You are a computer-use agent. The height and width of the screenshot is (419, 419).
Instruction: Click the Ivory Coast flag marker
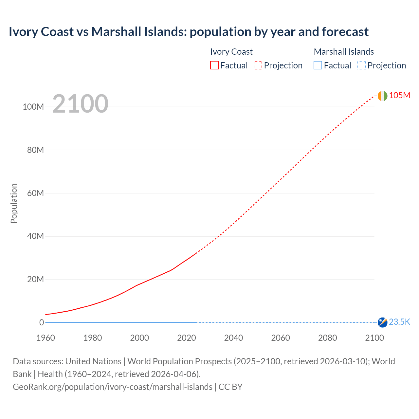[x=382, y=96]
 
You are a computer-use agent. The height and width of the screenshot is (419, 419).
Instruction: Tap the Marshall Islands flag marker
[x=382, y=322]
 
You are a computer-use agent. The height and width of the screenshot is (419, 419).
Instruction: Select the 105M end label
[x=399, y=95]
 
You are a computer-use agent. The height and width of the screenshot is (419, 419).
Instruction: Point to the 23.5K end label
[x=399, y=322]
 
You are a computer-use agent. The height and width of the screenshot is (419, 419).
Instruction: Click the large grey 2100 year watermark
[x=80, y=104]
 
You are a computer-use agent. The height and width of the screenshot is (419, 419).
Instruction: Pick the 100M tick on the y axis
[x=33, y=107]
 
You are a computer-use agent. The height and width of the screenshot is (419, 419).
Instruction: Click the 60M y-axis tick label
[x=35, y=193]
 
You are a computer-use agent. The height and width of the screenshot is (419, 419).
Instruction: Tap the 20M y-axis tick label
[x=35, y=280]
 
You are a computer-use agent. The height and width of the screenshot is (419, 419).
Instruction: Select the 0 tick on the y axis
[x=42, y=323]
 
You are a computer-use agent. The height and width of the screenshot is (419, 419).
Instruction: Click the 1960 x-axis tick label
[x=46, y=338]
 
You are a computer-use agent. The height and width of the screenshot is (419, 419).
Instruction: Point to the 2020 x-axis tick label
[x=186, y=338]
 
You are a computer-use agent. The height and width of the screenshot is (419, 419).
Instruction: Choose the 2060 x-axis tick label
[x=280, y=338]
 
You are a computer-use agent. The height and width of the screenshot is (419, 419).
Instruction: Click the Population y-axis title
[x=14, y=203]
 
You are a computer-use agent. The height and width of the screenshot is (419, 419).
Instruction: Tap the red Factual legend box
[x=214, y=65]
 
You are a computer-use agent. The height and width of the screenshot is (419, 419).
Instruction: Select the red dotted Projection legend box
[x=258, y=65]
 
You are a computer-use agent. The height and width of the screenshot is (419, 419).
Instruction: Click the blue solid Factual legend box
[x=318, y=65]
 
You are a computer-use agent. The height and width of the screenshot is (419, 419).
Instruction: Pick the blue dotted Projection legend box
[x=362, y=65]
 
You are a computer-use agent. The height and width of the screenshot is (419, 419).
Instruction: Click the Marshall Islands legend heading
[x=344, y=52]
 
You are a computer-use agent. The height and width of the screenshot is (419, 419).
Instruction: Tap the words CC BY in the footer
[x=230, y=387]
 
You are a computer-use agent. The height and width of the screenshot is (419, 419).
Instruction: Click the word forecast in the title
[x=345, y=32]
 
